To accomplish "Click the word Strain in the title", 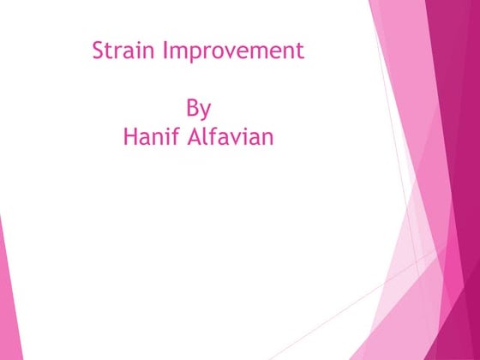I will tap(118, 51).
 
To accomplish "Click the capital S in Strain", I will tap(98, 51).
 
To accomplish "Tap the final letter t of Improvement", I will tap(300, 51).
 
